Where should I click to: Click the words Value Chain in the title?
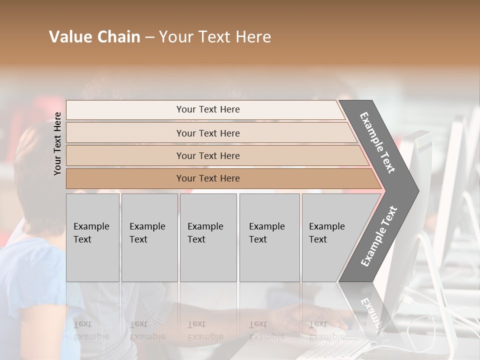pos(94,37)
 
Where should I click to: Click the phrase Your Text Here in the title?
pos(215,37)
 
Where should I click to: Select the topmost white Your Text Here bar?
pos(208,109)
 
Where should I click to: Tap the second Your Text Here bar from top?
pos(208,133)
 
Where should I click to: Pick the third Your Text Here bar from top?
pos(208,155)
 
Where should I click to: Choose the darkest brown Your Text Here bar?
pos(208,178)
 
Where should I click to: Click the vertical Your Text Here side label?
pos(57,143)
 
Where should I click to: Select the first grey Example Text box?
pos(92,237)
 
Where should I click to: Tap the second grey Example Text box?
pos(149,237)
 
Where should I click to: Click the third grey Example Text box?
pos(208,237)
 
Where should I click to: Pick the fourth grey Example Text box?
pos(269,237)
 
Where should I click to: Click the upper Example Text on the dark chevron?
pos(377,143)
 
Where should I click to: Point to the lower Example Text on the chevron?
pos(379,236)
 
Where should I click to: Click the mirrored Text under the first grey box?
pos(82,324)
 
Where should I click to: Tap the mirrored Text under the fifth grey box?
pos(318,324)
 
